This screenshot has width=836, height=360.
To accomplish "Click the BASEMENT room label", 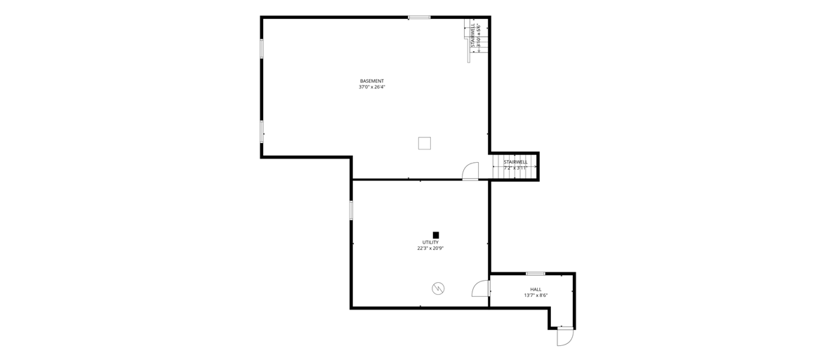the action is (x=371, y=81).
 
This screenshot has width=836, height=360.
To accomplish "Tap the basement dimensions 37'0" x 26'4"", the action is (x=371, y=87).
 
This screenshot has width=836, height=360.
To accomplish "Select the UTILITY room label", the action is (x=430, y=242).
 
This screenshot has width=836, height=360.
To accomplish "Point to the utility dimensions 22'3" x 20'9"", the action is (x=430, y=248).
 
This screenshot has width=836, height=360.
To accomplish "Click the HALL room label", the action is (x=536, y=289).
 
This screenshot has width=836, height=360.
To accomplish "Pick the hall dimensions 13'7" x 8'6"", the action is (x=536, y=295).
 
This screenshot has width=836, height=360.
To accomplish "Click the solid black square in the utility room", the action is (x=436, y=234).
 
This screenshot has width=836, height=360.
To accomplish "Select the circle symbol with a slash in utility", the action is (x=438, y=288).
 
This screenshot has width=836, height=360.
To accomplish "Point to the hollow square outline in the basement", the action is (x=425, y=143).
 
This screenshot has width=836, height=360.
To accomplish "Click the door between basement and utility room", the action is (x=470, y=171).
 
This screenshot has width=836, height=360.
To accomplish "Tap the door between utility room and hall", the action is (x=481, y=288).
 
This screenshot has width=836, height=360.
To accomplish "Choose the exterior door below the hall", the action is (x=565, y=337).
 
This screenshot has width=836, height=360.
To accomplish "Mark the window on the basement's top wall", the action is (x=419, y=18).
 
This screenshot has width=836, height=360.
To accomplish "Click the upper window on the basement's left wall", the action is (x=262, y=48).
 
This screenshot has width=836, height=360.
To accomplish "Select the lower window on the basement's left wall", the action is (x=262, y=131).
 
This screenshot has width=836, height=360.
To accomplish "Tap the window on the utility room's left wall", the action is (x=352, y=210).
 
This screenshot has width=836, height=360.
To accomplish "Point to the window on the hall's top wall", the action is (x=536, y=274).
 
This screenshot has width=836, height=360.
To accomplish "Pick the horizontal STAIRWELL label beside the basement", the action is (x=516, y=161).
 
